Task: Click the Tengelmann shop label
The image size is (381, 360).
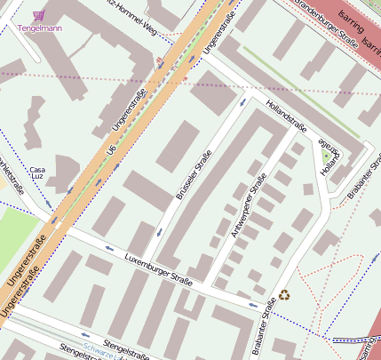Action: click(x=39, y=28)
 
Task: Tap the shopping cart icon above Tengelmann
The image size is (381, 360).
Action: click(x=38, y=15)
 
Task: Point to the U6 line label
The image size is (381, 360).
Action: click(x=112, y=158)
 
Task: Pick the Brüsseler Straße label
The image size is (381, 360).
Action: click(x=194, y=174)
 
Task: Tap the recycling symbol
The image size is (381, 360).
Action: click(x=284, y=295)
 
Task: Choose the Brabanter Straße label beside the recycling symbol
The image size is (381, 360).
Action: click(x=264, y=327)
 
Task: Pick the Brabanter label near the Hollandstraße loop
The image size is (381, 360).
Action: click(x=363, y=179)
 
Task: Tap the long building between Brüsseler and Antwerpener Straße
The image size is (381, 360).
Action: click(x=211, y=195)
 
